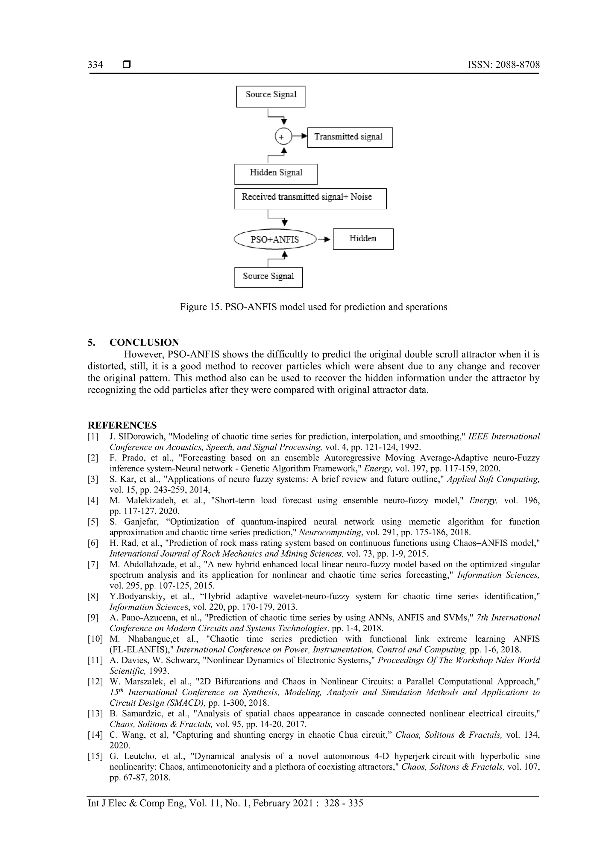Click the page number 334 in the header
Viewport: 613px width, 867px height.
[x=95, y=65]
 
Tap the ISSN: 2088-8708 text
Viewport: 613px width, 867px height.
[x=503, y=65]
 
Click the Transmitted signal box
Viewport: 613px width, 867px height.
[x=350, y=137]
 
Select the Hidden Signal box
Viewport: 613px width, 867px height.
[x=276, y=174]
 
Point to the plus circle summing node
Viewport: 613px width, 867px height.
[x=283, y=137]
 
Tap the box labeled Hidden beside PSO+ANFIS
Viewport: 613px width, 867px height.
[x=363, y=239]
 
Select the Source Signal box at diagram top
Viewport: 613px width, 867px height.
[x=271, y=96]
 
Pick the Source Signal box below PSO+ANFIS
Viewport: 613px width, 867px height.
[x=268, y=277]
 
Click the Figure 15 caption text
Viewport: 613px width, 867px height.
[x=313, y=307]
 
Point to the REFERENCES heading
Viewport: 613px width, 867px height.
[x=122, y=425]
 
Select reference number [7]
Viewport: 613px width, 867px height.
[x=93, y=565]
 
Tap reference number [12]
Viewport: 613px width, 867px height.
[x=95, y=682]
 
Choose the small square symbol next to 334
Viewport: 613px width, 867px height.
[x=127, y=65]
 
